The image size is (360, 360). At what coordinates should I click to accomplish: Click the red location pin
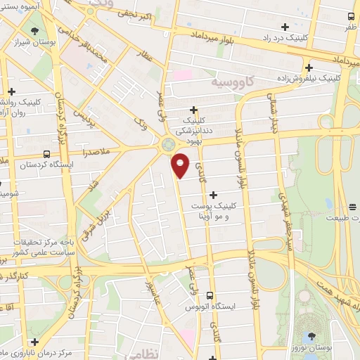(181, 165)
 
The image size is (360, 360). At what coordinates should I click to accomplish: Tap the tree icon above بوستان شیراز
(34, 30)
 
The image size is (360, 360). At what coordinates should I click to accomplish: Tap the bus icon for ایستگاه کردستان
(46, 154)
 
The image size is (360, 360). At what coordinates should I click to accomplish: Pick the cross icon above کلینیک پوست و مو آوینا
(214, 194)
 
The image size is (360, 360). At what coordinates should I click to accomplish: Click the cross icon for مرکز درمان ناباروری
(34, 341)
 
